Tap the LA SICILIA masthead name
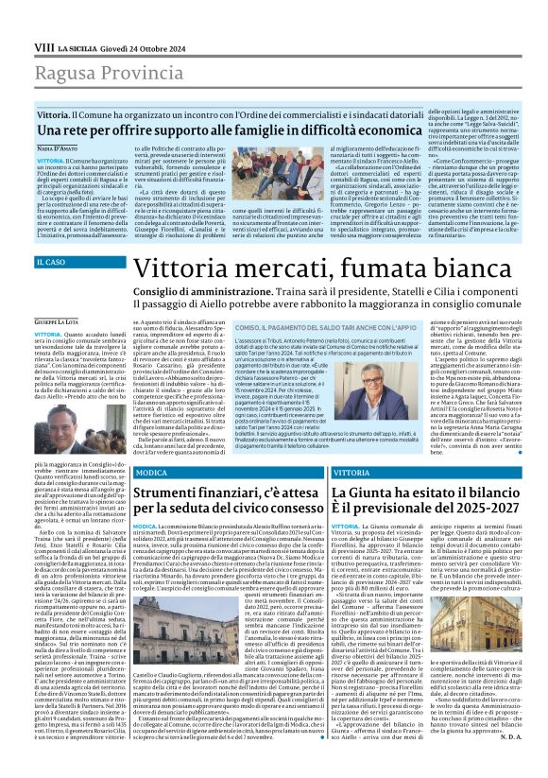pos(78,46)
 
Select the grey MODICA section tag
pos(151,472)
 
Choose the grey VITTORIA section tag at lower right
pos(351,472)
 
